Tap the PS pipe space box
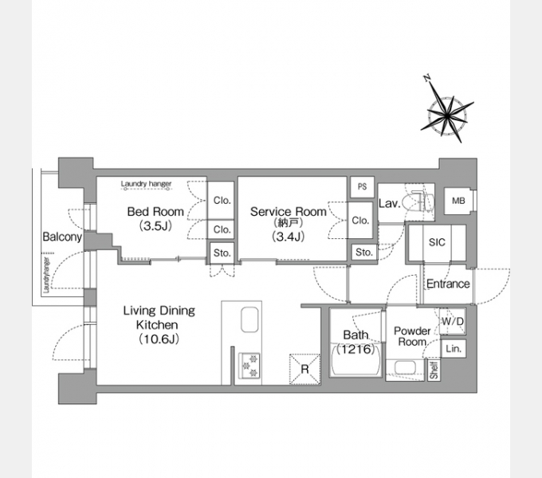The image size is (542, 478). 362,187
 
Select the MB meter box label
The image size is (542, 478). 458,201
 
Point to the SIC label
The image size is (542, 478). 437,242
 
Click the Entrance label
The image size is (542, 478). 448,284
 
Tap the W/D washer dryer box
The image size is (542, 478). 453,322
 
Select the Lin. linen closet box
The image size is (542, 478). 454,348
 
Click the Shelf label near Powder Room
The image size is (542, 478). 434,370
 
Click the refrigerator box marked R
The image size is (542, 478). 304,369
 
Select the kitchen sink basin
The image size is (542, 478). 249,319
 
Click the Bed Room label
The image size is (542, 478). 155,211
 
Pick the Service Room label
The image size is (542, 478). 289,211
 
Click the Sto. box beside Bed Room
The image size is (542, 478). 222,253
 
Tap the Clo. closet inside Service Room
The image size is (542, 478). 360,221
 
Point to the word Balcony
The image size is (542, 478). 62,237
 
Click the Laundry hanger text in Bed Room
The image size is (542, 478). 146,184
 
